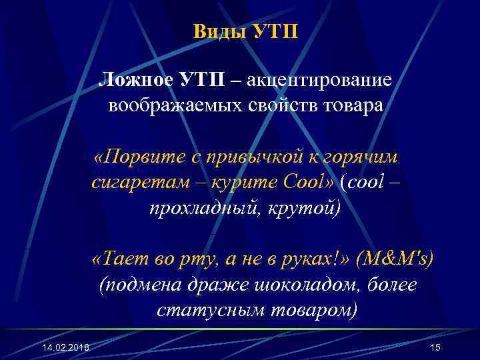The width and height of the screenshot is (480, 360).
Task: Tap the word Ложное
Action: pyautogui.click(x=134, y=81)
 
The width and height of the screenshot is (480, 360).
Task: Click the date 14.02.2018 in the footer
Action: pyautogui.click(x=64, y=349)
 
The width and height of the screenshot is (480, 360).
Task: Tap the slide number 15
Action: pyautogui.click(x=436, y=348)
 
